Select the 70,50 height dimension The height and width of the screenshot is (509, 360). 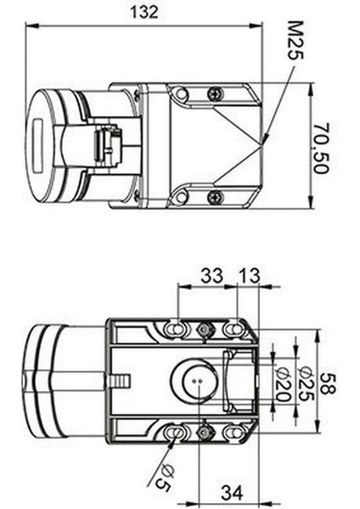click(334, 146)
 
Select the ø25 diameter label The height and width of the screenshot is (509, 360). click(307, 382)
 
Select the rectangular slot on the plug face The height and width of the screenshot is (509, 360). click(37, 145)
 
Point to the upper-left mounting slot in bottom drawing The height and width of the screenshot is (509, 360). click(175, 327)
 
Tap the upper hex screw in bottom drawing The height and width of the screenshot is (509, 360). click(204, 329)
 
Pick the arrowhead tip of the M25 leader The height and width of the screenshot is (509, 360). click(263, 140)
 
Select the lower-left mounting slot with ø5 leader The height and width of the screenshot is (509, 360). click(176, 433)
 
